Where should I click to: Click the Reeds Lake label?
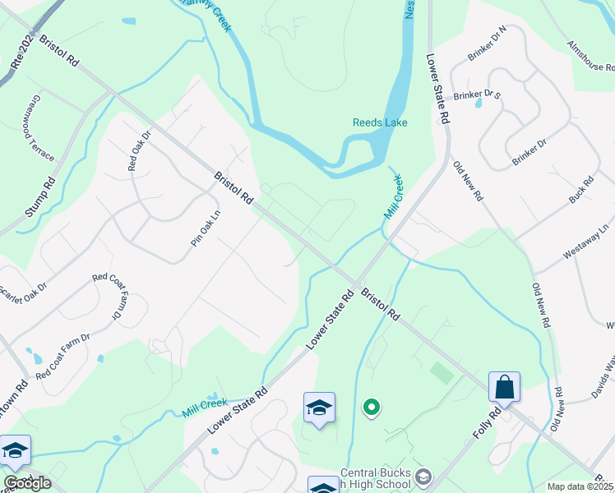point(380,122)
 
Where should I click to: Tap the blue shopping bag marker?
point(504,387)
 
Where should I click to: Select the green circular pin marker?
point(372,406)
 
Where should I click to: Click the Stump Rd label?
point(39,197)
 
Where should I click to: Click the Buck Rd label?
point(582,191)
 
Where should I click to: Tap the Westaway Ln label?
point(585,239)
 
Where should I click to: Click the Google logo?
point(27,483)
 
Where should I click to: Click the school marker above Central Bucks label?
point(319,408)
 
